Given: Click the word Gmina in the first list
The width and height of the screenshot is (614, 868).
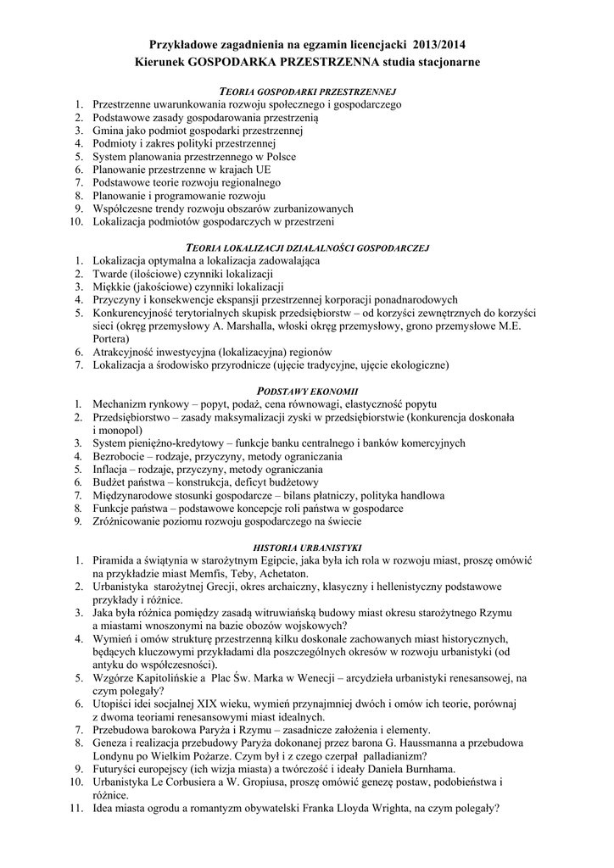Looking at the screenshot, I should coord(110,131).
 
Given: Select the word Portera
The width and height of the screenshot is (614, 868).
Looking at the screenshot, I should coord(111,338).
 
